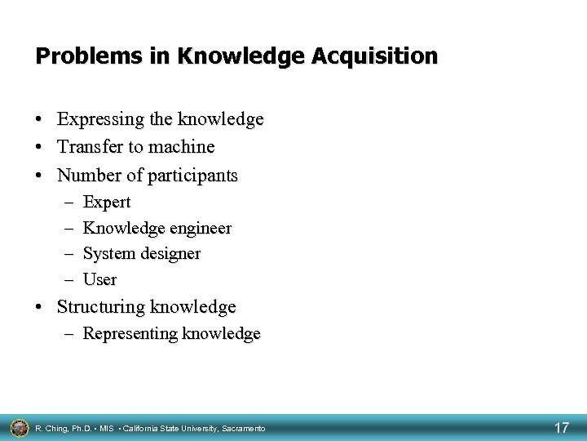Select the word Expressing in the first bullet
[x=97, y=120]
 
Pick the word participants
[x=188, y=175]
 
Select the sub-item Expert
[x=107, y=202]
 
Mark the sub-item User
[x=100, y=280]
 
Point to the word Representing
[x=130, y=334]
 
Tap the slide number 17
[x=561, y=427]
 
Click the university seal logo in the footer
[x=19, y=427]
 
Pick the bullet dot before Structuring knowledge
[x=40, y=308]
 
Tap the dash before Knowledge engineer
[x=66, y=228]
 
